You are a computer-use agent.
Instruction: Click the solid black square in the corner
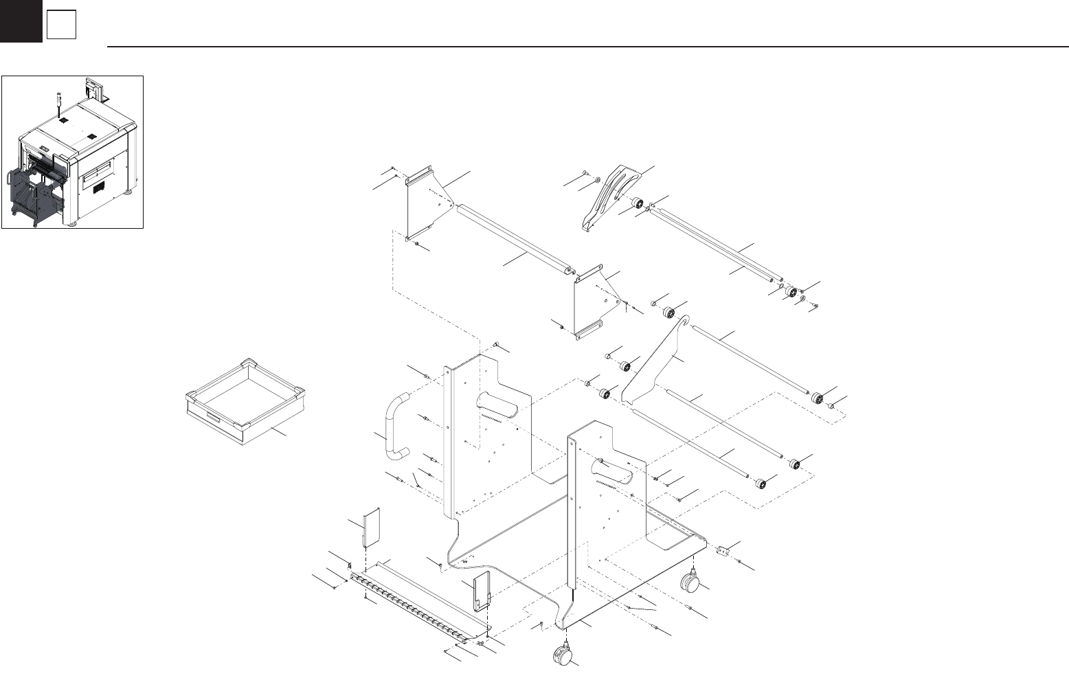(x=21, y=21)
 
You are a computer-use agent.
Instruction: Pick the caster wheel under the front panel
(x=562, y=654)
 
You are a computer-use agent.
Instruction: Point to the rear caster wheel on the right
(x=690, y=583)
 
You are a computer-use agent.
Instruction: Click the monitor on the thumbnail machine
(x=93, y=88)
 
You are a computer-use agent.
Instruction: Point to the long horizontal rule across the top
(x=584, y=47)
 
